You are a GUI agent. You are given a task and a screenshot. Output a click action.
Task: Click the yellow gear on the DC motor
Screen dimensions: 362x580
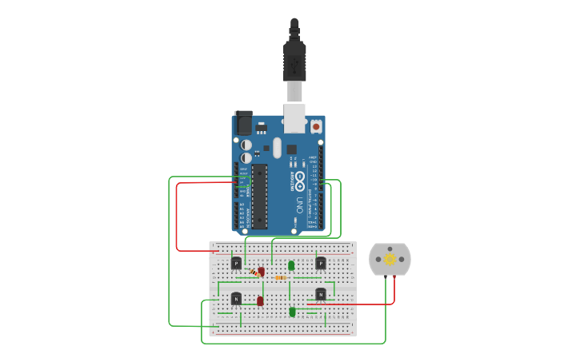tap(390, 258)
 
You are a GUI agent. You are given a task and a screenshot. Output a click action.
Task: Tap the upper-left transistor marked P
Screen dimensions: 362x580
tap(236, 263)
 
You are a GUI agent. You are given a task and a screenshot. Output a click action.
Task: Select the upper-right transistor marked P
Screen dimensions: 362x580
tap(321, 263)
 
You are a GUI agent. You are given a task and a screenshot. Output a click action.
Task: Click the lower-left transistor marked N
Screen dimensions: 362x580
tap(236, 298)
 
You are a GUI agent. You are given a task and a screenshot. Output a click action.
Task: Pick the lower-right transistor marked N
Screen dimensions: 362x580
tap(321, 294)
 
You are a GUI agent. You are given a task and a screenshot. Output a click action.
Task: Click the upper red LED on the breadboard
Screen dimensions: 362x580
tap(262, 272)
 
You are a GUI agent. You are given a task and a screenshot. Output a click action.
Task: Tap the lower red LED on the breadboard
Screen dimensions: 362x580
tap(260, 301)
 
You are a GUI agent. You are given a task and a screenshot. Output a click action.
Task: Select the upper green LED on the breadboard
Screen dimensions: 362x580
tap(291, 265)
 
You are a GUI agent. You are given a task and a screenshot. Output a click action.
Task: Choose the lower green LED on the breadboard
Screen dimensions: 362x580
tap(292, 312)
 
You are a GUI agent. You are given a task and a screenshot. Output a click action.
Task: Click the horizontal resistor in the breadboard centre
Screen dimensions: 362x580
tap(281, 277)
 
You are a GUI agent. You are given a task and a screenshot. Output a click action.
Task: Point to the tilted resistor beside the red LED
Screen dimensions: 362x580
tap(254, 272)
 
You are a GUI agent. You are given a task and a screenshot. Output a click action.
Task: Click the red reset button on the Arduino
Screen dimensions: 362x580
tap(316, 126)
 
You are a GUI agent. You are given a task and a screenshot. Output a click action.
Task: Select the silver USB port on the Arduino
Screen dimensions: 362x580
tap(294, 118)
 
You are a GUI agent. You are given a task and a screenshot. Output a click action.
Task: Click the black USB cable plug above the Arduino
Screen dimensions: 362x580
tap(294, 60)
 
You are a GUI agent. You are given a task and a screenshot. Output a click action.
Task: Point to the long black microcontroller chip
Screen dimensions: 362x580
tap(259, 196)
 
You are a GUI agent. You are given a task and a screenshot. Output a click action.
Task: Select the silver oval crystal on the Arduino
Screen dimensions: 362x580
tap(278, 148)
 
